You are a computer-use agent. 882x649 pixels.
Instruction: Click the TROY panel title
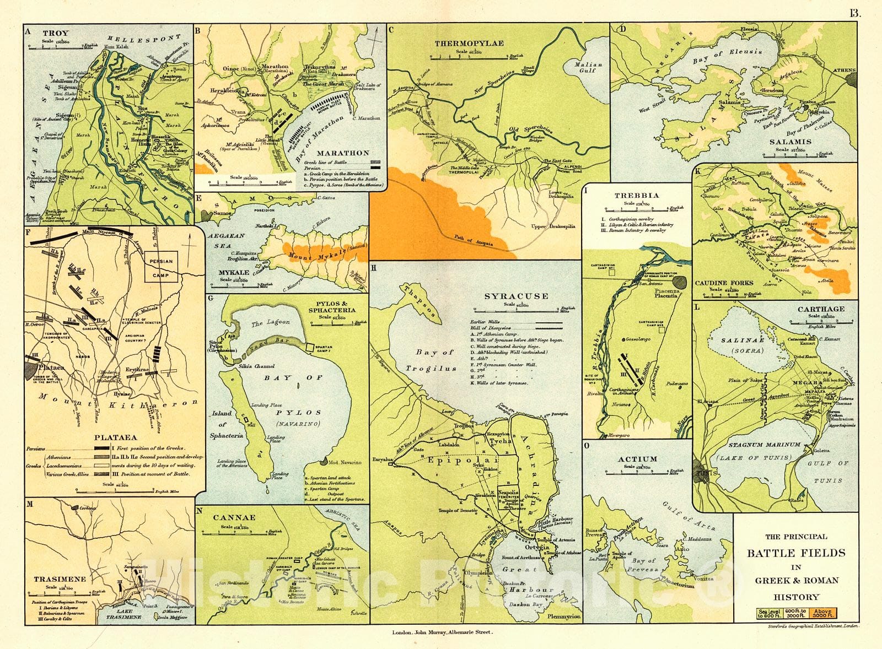pos(56,34)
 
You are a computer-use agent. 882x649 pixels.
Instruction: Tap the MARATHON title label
pos(343,153)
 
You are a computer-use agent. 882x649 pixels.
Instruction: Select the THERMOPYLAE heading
pos(469,43)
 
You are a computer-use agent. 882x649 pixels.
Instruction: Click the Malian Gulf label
pos(588,68)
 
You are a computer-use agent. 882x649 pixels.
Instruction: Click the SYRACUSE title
pos(516,296)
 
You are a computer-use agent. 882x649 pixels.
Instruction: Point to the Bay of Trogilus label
pos(431,360)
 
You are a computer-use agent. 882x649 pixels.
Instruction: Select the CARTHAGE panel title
pos(821,309)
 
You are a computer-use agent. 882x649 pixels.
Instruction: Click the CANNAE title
pos(235,517)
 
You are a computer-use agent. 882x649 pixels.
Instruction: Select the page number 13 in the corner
pos(854,13)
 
